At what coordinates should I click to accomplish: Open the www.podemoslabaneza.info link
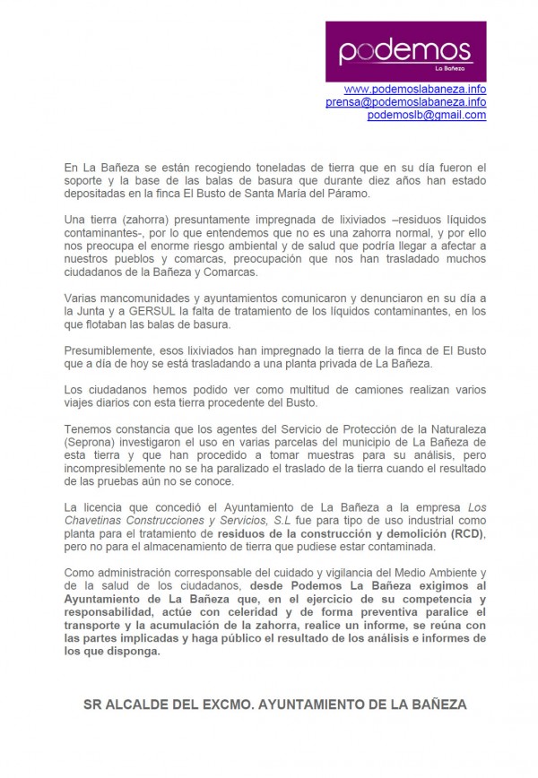coord(414,90)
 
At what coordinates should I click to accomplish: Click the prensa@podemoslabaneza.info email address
coord(405,102)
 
